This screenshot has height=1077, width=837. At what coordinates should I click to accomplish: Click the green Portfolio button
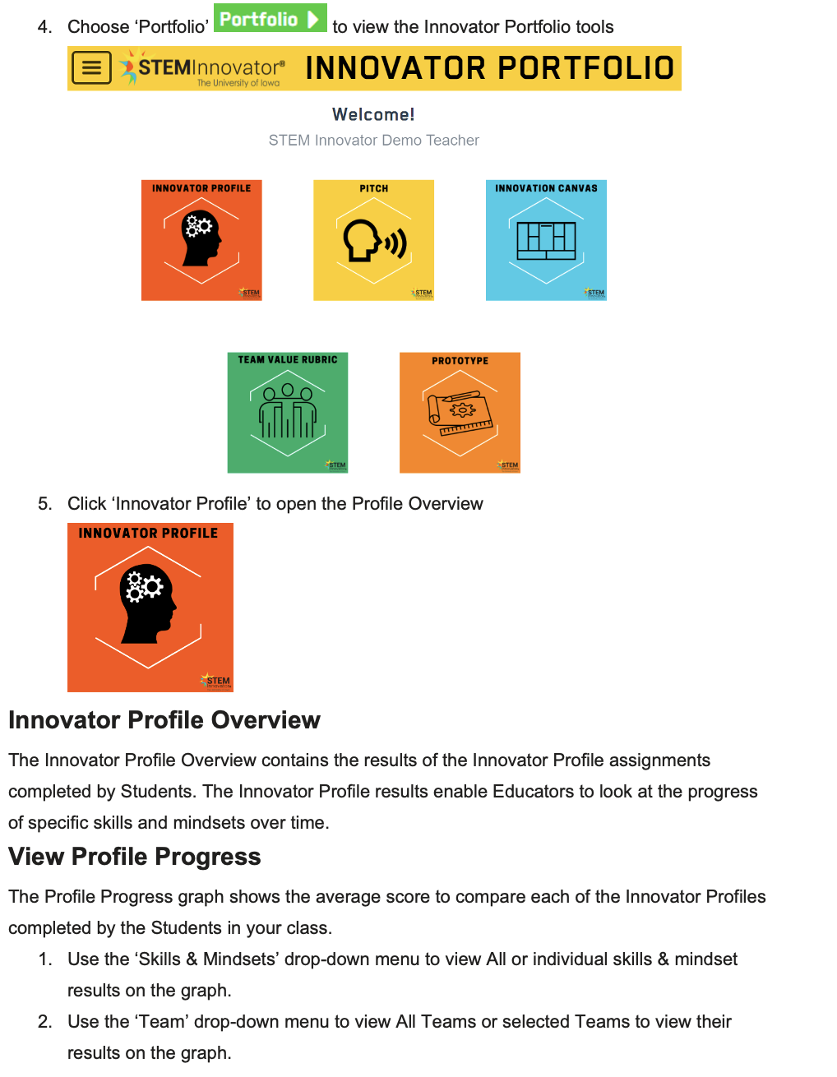270,18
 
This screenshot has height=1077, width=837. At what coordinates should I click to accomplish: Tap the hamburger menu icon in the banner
91,68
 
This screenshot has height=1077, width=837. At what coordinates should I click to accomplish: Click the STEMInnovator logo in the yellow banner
203,68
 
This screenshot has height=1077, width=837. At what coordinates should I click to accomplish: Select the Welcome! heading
373,114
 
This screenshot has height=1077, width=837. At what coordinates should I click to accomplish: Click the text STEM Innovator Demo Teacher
373,141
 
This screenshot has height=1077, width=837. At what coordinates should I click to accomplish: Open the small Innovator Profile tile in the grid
201,240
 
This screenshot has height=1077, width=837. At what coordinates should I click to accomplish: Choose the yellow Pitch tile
373,240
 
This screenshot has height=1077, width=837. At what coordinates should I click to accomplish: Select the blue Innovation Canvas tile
546,240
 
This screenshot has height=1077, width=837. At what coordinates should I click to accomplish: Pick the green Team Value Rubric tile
288,413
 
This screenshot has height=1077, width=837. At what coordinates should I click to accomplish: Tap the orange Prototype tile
460,413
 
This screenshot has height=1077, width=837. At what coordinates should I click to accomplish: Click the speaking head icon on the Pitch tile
374,241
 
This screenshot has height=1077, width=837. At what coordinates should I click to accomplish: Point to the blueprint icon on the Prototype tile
460,414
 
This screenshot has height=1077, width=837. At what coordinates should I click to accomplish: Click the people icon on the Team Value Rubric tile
288,411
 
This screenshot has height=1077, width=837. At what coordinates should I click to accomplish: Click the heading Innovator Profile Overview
164,720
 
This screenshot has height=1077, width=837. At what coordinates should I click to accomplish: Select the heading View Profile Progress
135,857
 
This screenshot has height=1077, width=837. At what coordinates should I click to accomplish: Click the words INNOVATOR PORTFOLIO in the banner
489,68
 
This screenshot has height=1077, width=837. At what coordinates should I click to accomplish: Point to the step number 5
44,504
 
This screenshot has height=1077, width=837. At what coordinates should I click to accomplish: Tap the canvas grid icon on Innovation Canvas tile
546,240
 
